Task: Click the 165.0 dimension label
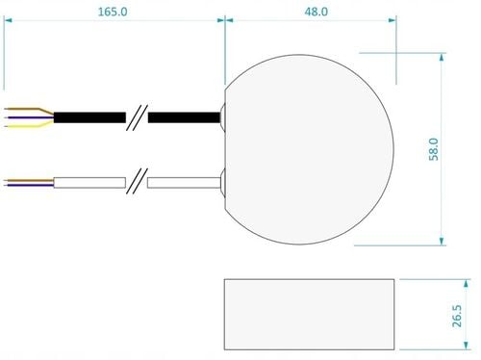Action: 113,12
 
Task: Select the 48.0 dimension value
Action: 316,12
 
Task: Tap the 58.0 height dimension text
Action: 434,149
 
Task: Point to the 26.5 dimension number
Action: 457,316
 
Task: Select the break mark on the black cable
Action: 137,117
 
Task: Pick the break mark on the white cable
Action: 137,181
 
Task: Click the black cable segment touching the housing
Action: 184,117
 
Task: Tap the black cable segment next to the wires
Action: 89,117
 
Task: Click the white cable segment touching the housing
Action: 184,183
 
